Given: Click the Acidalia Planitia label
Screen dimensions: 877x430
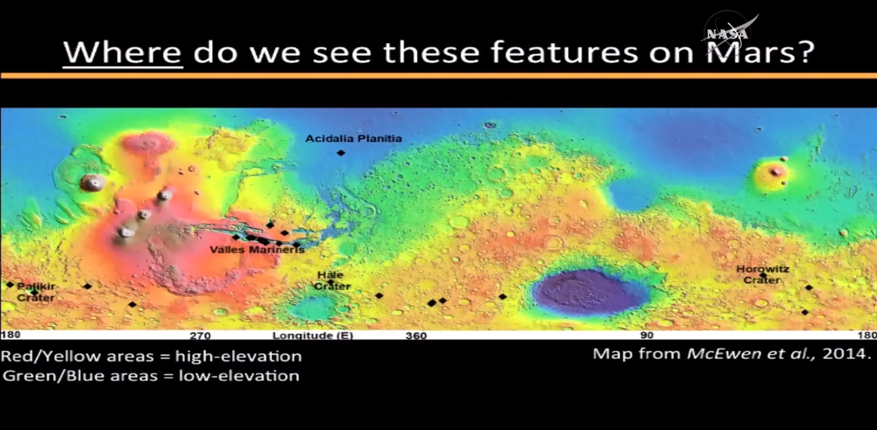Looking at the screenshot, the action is click(354, 138).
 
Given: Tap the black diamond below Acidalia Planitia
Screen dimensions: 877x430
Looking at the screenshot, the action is click(341, 153).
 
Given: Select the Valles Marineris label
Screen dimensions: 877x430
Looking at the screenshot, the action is click(257, 250).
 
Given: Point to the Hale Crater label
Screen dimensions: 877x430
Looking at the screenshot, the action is click(332, 281).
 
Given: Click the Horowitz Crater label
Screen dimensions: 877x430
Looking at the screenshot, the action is click(762, 274).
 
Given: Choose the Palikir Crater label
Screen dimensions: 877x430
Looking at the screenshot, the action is click(36, 292).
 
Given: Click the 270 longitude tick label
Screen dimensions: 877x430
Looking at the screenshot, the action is click(200, 335).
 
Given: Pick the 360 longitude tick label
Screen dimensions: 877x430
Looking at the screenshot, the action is click(416, 335).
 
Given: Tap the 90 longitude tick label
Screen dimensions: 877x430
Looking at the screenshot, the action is click(647, 335).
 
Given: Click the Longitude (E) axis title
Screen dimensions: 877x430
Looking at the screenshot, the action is click(313, 335).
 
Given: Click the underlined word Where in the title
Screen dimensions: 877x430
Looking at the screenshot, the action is click(122, 52).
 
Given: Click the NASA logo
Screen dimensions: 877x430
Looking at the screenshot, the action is click(729, 33).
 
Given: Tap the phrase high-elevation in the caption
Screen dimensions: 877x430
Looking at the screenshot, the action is click(238, 356).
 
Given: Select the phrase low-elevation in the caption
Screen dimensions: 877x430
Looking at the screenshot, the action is click(239, 376).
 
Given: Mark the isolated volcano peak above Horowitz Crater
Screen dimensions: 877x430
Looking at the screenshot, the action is click(776, 172).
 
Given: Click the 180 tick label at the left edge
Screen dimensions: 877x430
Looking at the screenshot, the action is click(11, 334).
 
